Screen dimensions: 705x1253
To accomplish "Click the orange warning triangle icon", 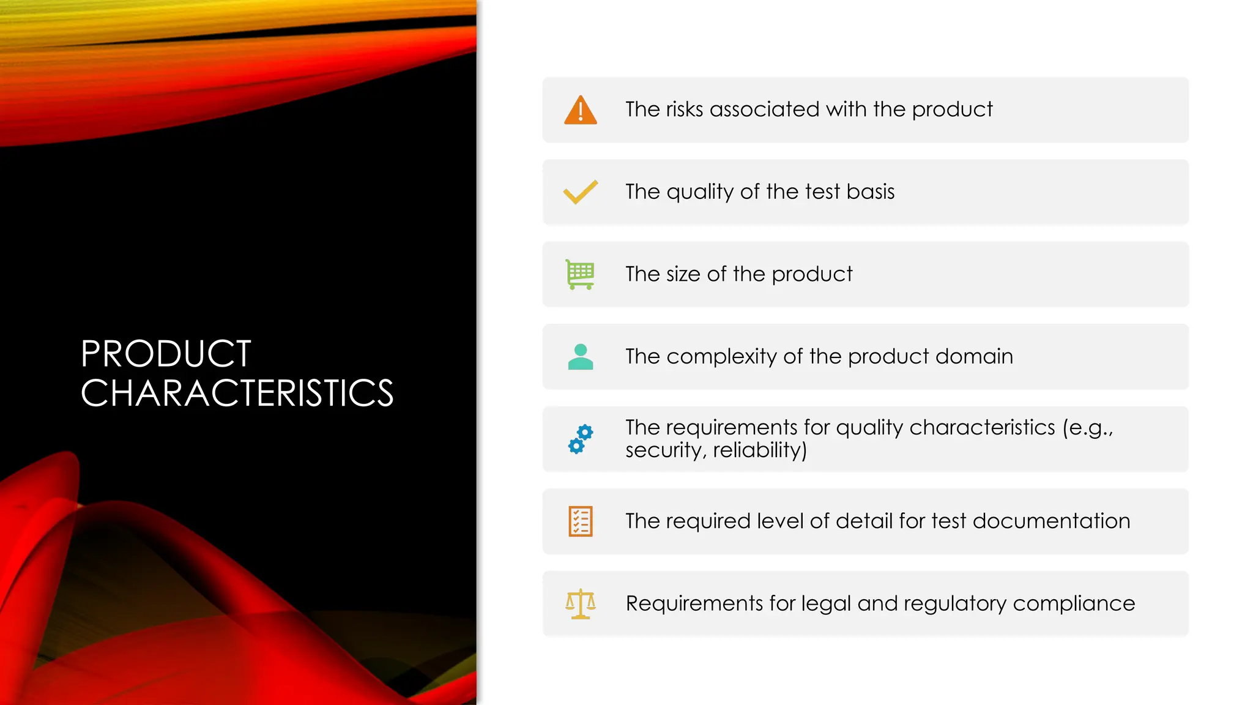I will point(580,111).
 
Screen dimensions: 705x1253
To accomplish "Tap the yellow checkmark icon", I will point(580,192).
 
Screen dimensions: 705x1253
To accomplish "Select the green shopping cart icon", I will point(580,274).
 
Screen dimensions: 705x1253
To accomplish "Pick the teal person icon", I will point(580,357).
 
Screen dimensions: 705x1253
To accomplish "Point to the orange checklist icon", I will point(580,521).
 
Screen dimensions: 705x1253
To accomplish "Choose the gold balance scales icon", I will point(580,604).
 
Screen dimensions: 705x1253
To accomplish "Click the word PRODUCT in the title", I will point(166,354).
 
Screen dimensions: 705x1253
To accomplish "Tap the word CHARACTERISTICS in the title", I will point(237,393).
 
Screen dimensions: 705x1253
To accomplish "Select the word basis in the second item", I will point(871,192).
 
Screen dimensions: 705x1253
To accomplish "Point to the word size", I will point(683,274).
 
